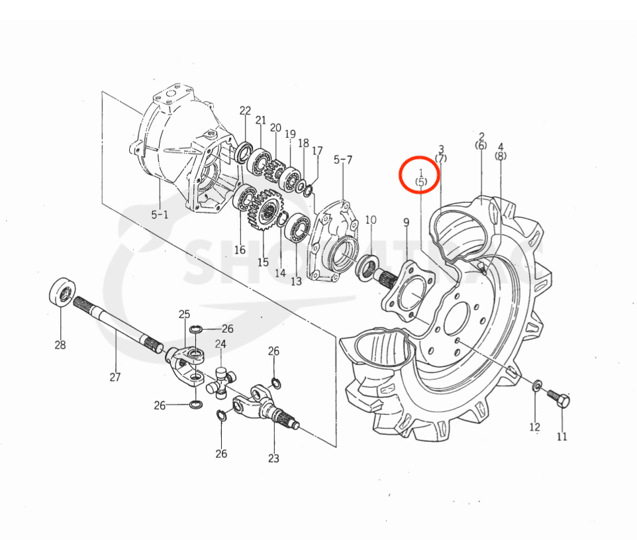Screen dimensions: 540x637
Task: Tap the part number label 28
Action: (61, 345)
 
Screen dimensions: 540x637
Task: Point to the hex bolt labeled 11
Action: (559, 400)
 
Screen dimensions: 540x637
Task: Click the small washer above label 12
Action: (536, 386)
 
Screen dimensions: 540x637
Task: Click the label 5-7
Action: (343, 160)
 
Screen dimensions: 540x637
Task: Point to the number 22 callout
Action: (246, 111)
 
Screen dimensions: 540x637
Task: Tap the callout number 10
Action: (371, 219)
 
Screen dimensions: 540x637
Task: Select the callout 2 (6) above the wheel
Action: (481, 140)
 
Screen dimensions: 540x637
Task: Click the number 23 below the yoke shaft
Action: (273, 458)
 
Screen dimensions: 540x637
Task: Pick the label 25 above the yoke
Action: (184, 313)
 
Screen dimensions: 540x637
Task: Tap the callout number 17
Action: (317, 151)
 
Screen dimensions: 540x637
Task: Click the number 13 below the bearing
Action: (295, 281)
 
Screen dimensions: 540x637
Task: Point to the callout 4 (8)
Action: (501, 151)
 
